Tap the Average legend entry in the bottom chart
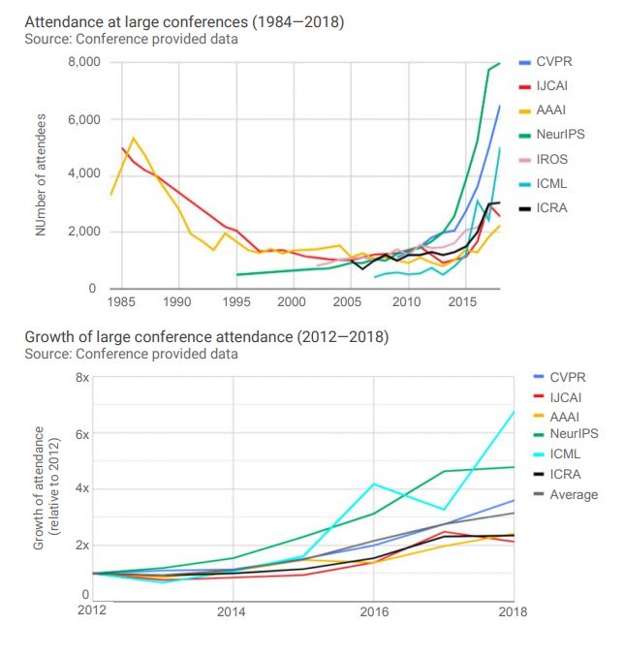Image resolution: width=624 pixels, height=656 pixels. (573, 494)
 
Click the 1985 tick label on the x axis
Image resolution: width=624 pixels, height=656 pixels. (121, 301)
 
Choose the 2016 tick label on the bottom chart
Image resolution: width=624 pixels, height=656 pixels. (373, 611)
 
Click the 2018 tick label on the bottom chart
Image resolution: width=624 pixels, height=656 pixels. (514, 611)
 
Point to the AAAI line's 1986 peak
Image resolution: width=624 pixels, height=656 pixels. (133, 138)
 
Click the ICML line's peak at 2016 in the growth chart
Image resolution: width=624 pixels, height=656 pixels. (373, 484)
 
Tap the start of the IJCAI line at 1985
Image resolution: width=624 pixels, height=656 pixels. (122, 148)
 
